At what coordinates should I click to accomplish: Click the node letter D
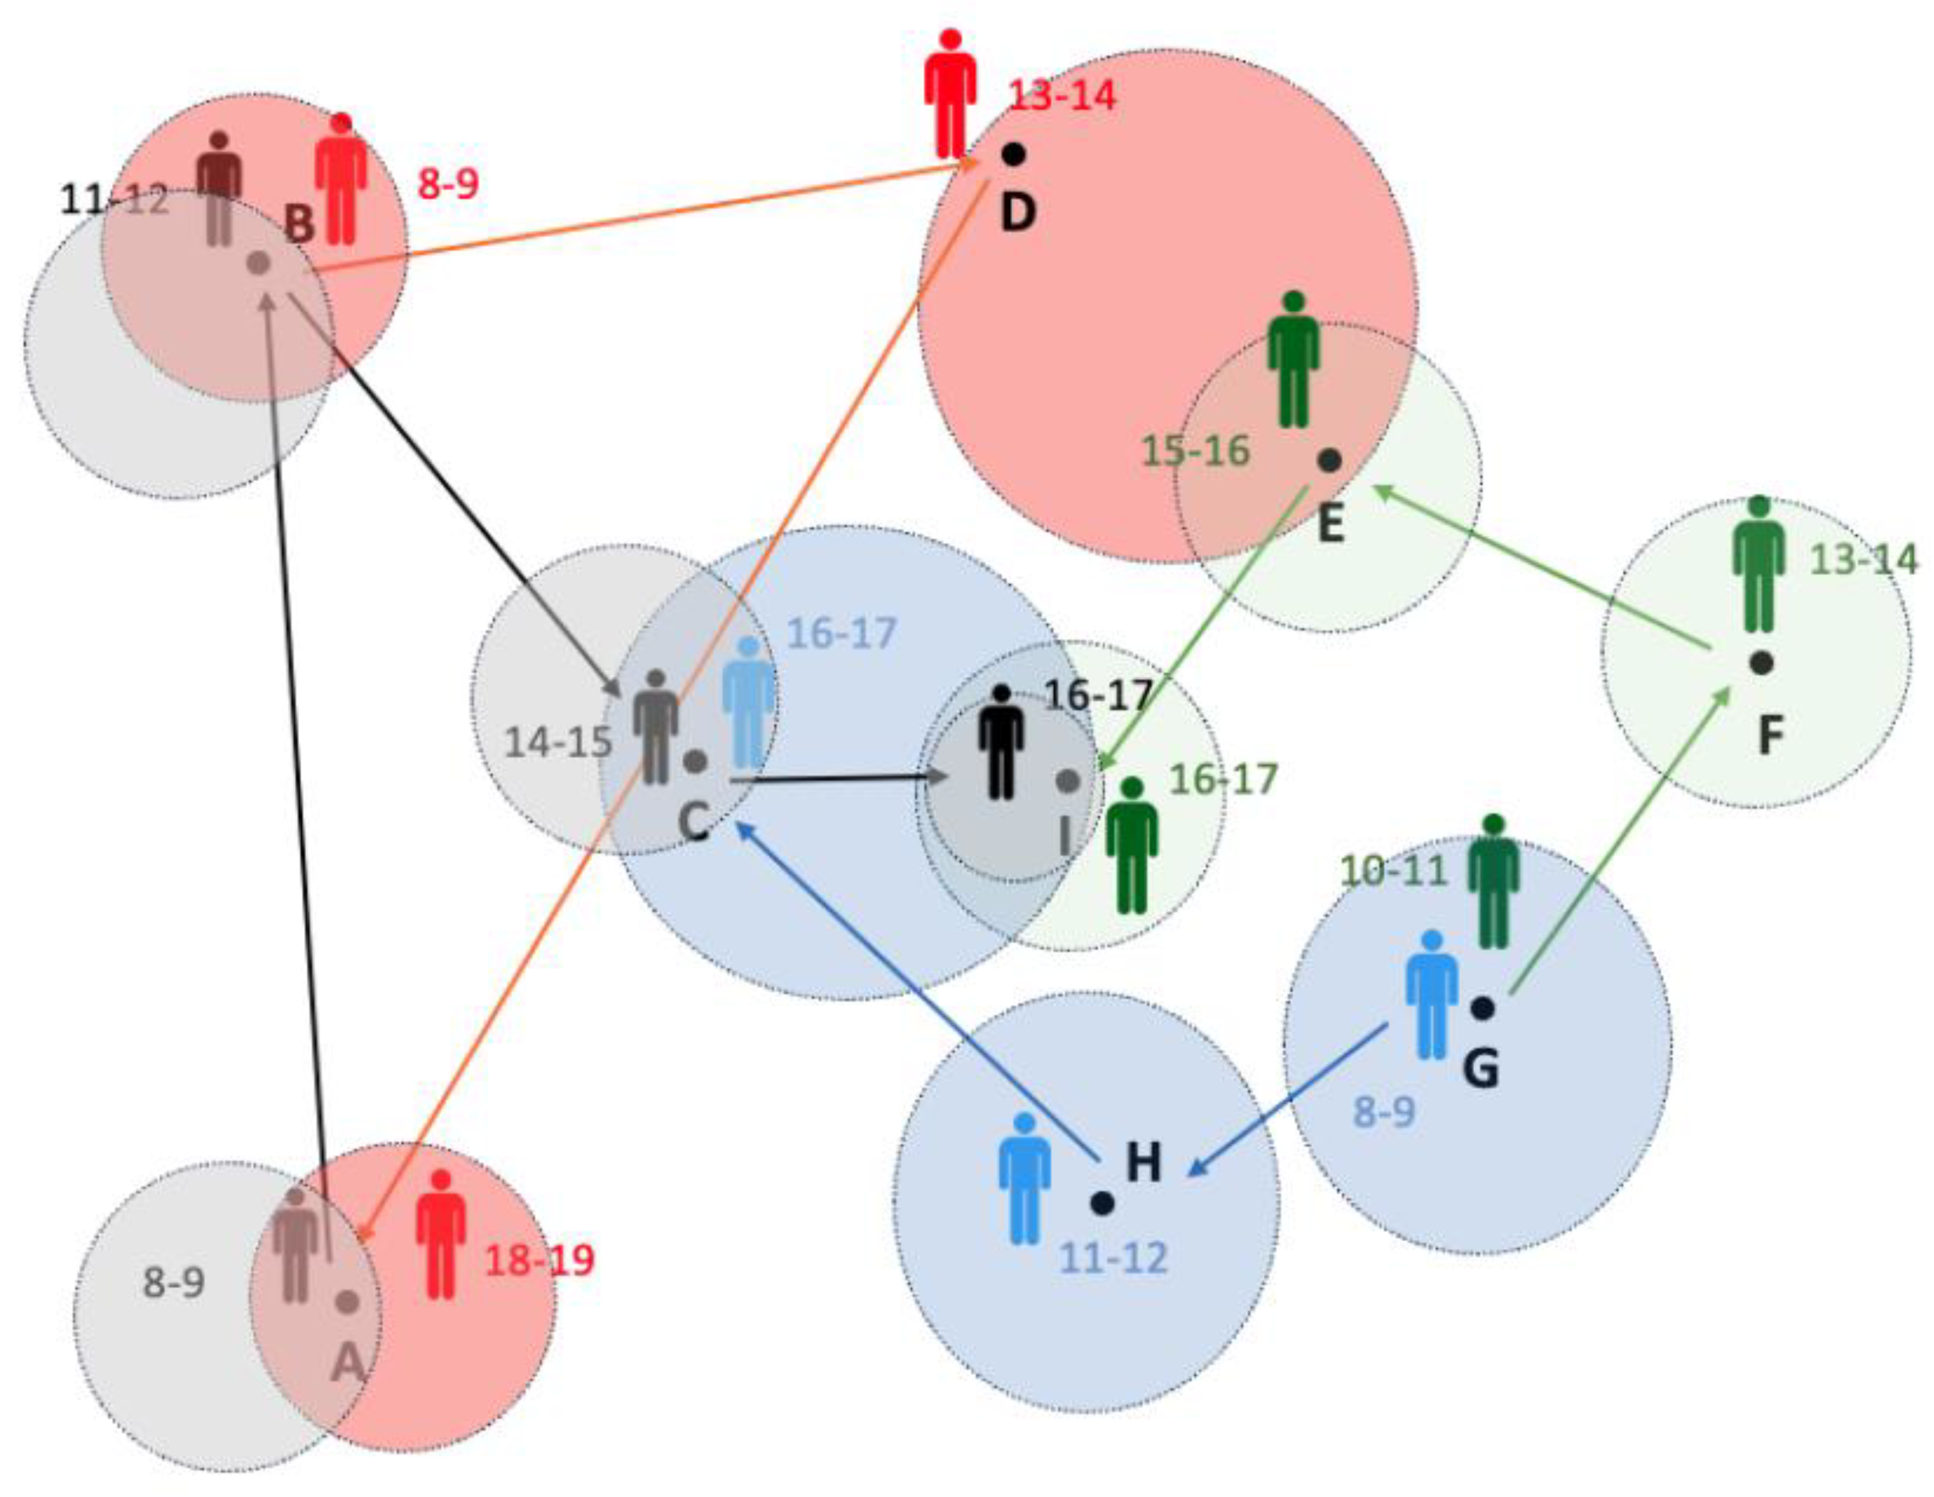(1018, 212)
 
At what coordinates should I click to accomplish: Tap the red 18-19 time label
(539, 1260)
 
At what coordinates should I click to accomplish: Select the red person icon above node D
(950, 95)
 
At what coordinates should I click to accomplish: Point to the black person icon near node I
(1000, 742)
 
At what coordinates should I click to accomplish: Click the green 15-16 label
(1196, 451)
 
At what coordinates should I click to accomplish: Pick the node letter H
(1143, 1162)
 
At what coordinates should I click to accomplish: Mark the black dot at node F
(1761, 662)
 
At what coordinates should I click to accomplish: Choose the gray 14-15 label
(558, 741)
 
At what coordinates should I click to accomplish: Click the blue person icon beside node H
(1024, 1178)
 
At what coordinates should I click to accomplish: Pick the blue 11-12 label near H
(1114, 1257)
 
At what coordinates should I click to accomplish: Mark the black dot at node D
(1014, 154)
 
